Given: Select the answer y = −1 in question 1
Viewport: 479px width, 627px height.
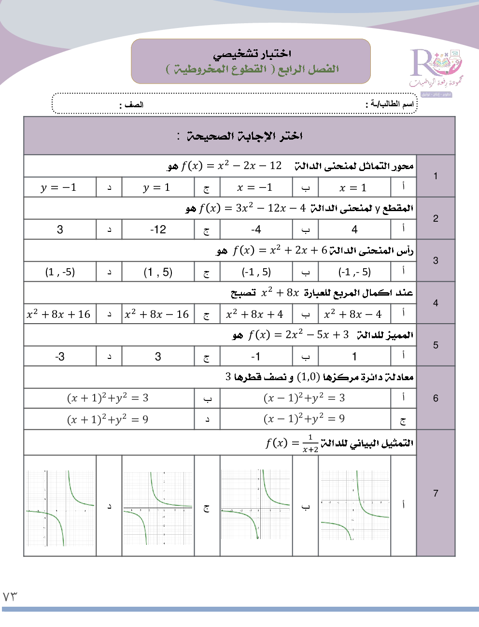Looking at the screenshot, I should (59, 187).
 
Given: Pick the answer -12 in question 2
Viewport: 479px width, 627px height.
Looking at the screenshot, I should (158, 229).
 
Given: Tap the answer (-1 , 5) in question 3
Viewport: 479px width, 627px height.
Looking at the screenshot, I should (256, 272).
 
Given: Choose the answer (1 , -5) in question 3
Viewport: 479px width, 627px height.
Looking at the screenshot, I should (60, 272).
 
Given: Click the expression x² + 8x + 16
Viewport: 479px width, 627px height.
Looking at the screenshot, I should (59, 314).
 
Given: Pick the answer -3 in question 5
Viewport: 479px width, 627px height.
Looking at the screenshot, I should (60, 356).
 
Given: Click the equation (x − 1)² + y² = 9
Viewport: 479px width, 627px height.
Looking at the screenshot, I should (304, 419).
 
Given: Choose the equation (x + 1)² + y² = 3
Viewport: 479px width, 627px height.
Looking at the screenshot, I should (108, 398).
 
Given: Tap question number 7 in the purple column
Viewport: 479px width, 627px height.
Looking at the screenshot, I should (436, 493).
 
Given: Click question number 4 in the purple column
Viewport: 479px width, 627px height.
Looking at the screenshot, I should (436, 303).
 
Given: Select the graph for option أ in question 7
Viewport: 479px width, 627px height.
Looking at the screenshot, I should (354, 505).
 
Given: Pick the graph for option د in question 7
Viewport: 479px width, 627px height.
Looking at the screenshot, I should (60, 508).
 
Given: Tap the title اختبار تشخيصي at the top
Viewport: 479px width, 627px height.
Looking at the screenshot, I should (252, 54).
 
